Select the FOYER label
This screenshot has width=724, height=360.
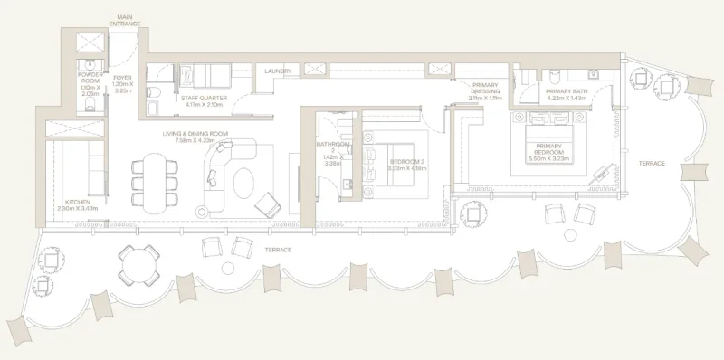coord(122,78)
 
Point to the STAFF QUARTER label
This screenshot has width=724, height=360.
coord(205,98)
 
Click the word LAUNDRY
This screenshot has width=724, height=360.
coord(278,71)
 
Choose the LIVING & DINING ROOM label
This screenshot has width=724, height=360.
coord(195,134)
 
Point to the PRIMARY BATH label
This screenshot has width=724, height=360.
coord(568,92)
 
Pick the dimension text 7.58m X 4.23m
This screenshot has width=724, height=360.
coord(195,140)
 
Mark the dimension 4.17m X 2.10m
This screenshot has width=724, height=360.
coord(205,104)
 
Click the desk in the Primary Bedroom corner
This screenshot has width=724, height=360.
coord(602,177)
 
